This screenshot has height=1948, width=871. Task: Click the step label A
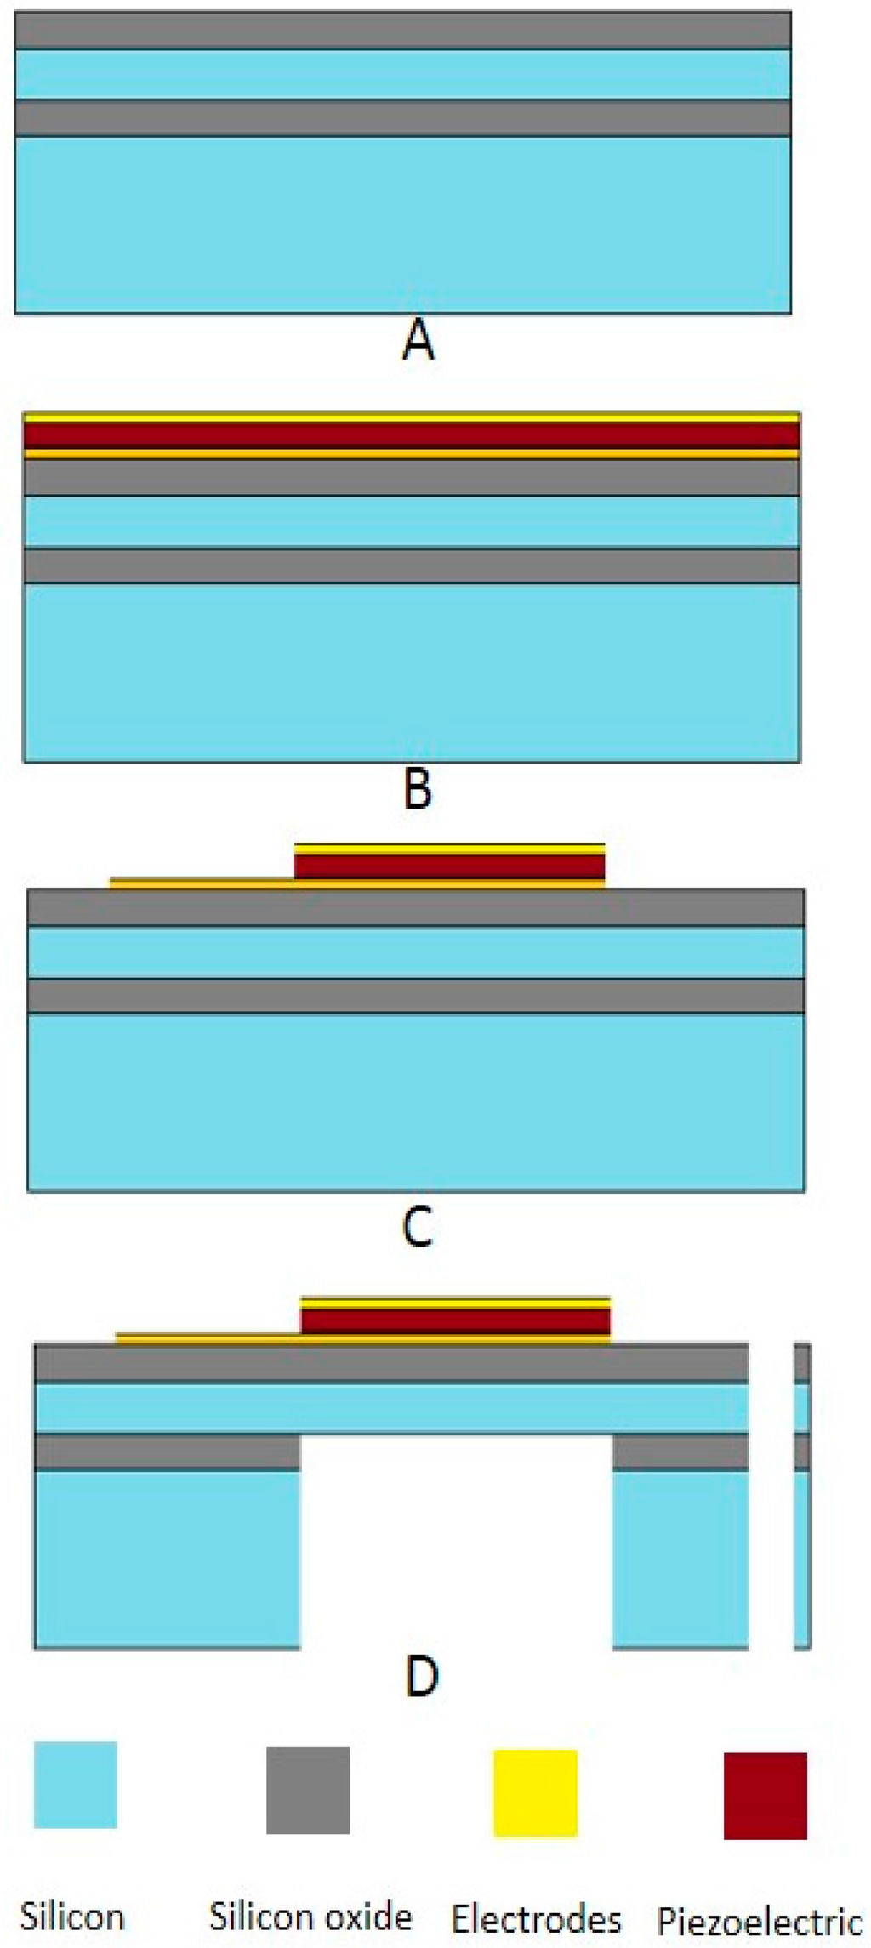[417, 342]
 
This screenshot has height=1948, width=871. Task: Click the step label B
[417, 788]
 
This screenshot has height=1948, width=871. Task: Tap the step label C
[417, 1227]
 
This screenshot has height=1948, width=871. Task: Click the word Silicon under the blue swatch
[72, 1917]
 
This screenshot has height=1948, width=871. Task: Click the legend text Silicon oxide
[311, 1917]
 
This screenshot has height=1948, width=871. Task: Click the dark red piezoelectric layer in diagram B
[412, 435]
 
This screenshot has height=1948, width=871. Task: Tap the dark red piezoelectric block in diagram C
[449, 866]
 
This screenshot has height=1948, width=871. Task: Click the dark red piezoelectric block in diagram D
[456, 1321]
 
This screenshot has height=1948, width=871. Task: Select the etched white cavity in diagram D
[456, 1539]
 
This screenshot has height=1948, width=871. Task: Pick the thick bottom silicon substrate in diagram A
[403, 224]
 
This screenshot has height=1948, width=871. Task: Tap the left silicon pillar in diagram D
[167, 1559]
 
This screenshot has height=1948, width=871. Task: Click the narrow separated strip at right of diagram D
[802, 1496]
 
